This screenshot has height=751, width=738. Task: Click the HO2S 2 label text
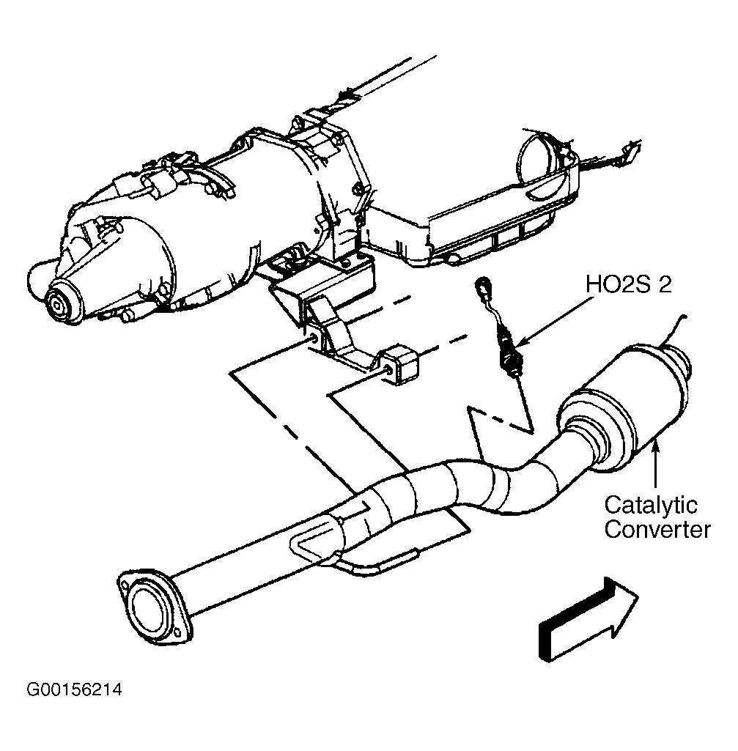coord(628,284)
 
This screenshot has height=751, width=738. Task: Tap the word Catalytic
coord(651,506)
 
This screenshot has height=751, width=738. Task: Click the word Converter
coord(657,530)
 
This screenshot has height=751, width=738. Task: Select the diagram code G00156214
coord(74,689)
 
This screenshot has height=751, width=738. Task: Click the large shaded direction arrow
coord(588,621)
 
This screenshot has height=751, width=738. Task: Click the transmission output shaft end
coord(59,303)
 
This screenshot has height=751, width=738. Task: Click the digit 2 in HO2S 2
coord(665,284)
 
